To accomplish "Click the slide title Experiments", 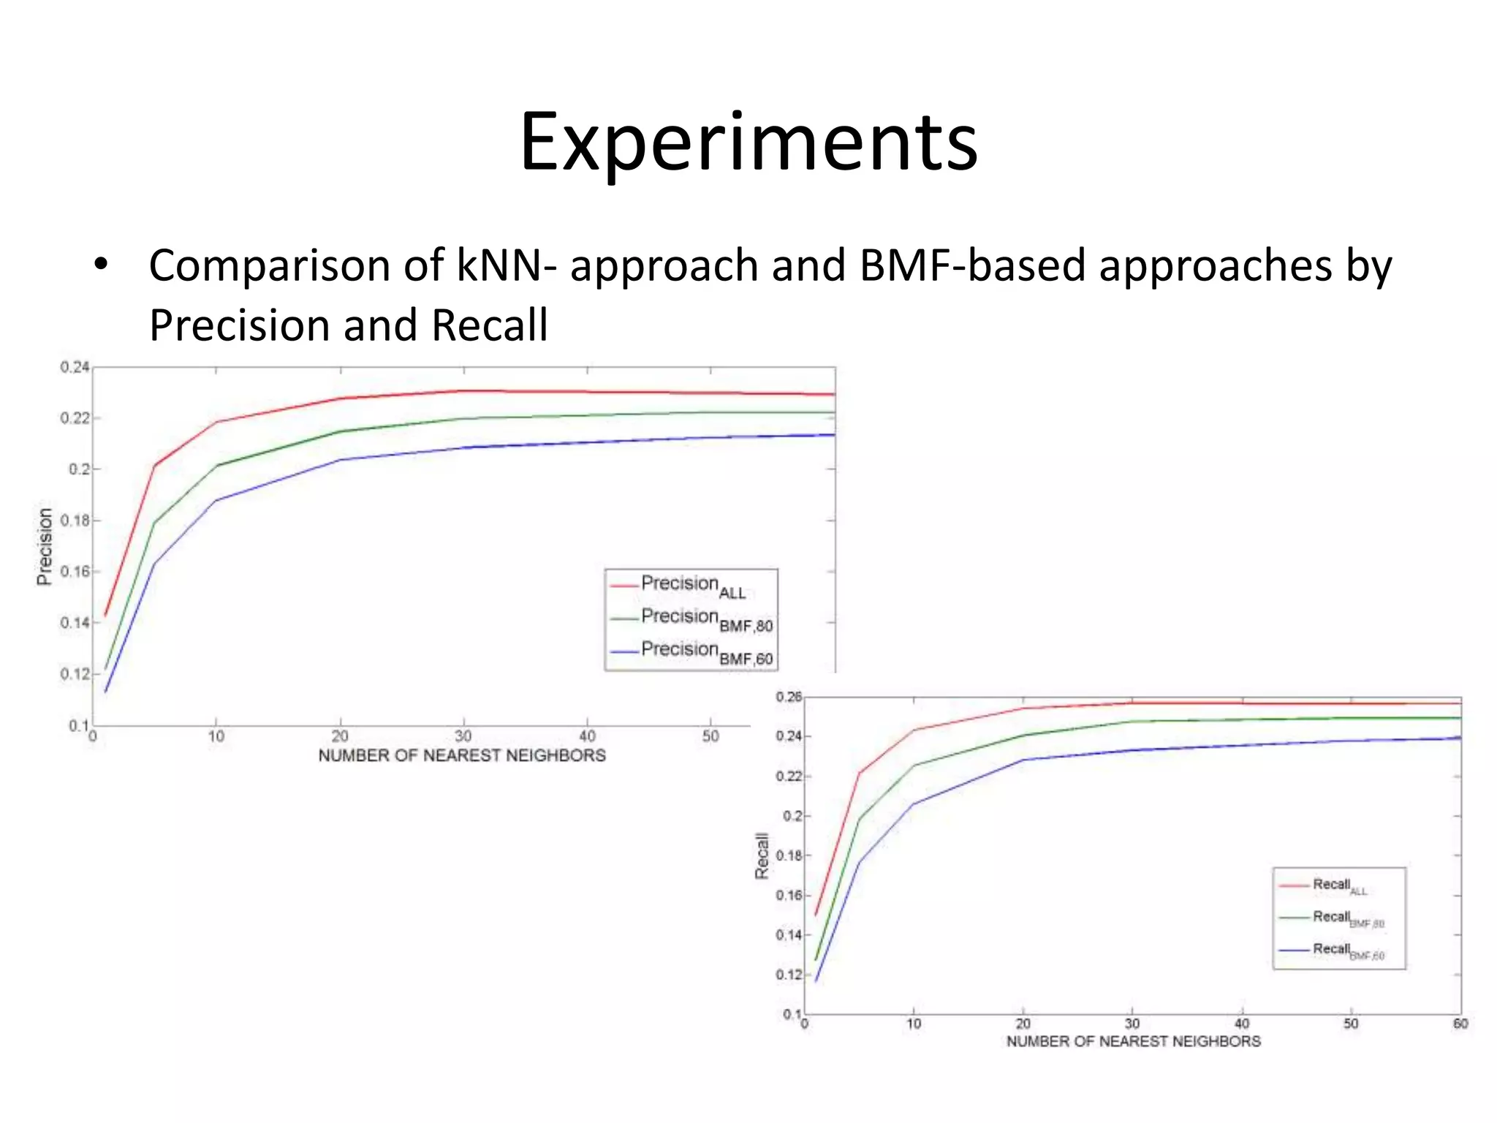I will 748,143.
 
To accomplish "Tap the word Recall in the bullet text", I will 489,325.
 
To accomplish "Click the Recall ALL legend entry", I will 1338,885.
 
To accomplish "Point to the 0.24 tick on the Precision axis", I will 75,367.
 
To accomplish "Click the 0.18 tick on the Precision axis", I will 75,521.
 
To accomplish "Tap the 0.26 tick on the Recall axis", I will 789,697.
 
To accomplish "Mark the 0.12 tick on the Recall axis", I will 789,975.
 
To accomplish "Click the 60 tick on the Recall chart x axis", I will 1460,1024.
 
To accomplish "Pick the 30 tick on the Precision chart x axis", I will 463,736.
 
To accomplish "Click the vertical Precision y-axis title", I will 45,546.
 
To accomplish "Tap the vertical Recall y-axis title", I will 762,855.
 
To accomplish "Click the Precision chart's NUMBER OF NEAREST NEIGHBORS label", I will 462,756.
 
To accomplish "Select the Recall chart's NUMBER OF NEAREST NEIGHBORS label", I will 1133,1041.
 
